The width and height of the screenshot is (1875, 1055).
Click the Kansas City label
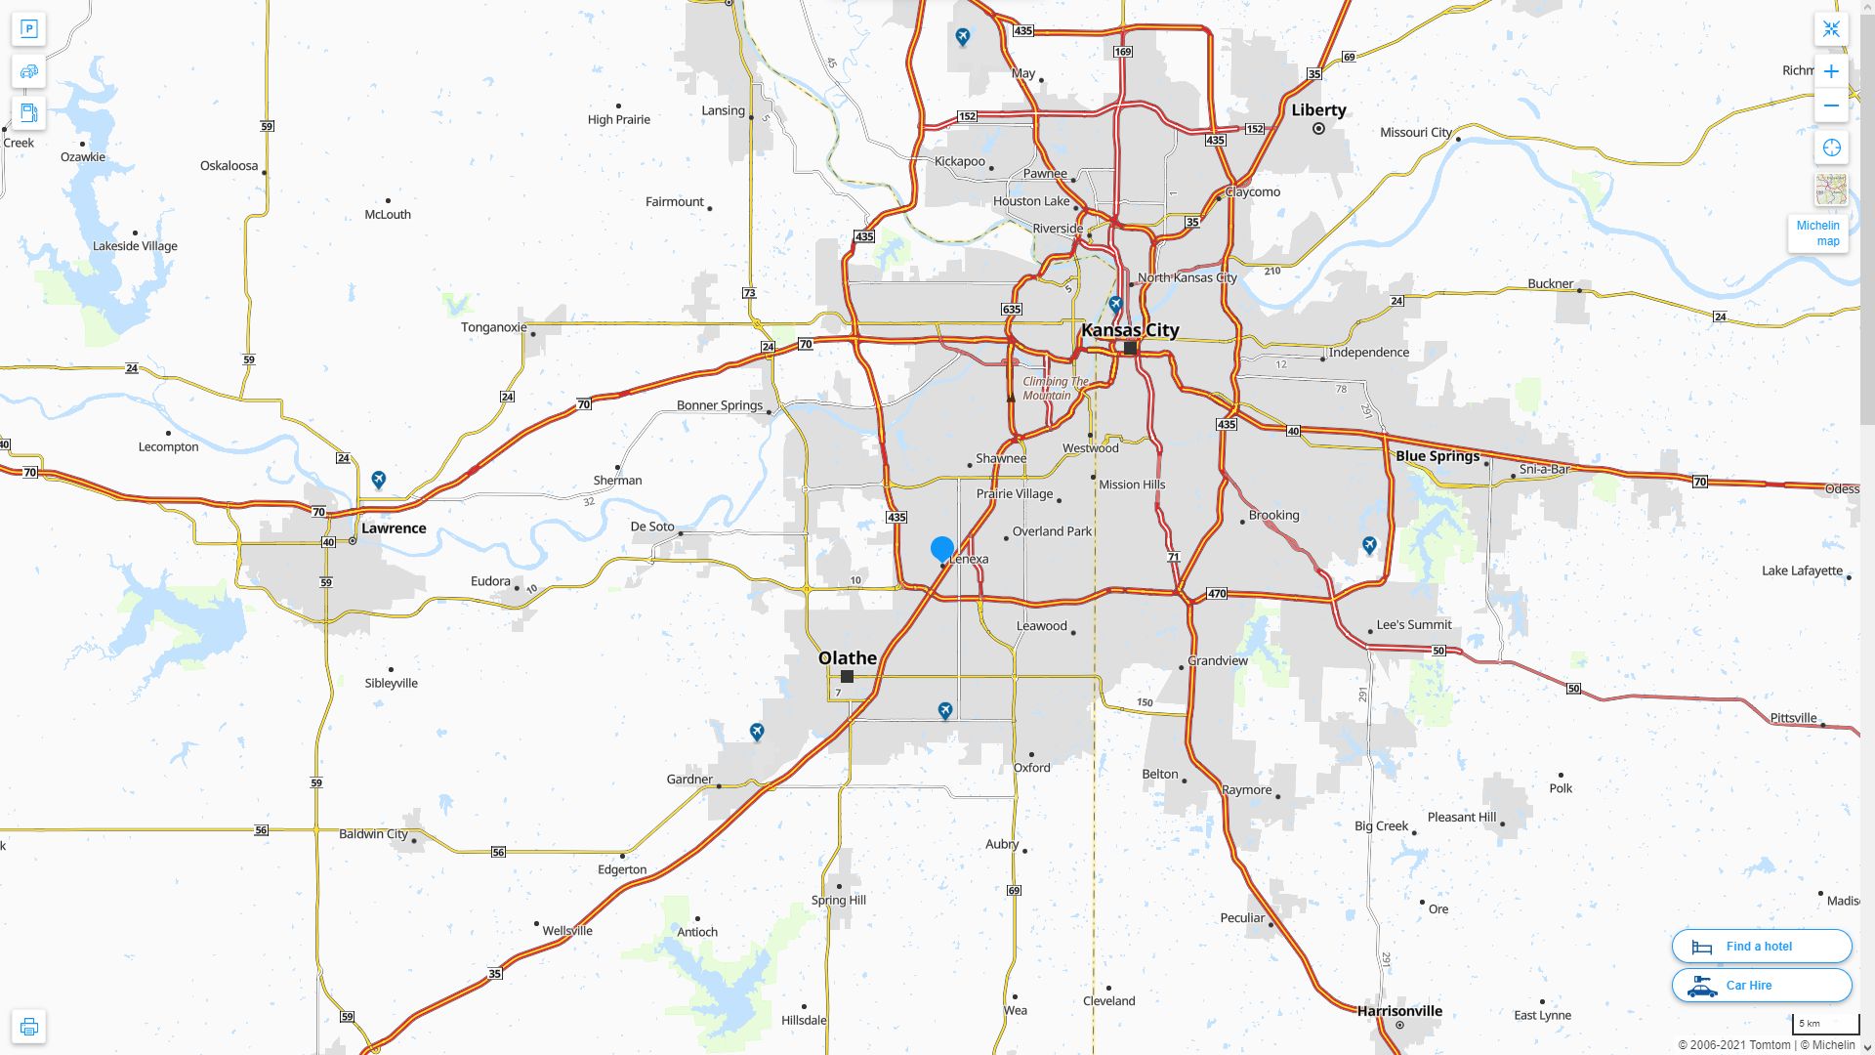(1130, 330)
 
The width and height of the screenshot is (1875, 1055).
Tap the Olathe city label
(847, 657)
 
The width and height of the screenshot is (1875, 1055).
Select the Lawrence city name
(394, 528)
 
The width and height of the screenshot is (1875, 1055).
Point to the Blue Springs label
(1437, 456)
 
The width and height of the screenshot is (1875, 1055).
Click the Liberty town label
(1318, 110)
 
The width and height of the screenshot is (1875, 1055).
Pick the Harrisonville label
(1399, 1011)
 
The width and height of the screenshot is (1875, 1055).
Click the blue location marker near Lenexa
(942, 549)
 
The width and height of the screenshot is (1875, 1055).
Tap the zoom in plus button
(1831, 71)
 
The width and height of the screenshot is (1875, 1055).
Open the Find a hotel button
(1761, 947)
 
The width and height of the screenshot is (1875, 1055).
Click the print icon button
(28, 1027)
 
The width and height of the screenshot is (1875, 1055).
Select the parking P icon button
(28, 29)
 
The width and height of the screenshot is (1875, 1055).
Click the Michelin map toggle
(1817, 232)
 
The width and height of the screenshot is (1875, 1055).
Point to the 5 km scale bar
(1825, 1025)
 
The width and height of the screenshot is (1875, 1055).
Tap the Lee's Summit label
(1414, 625)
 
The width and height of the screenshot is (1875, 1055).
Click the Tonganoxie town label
(493, 327)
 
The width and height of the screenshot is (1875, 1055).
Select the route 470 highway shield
(1217, 594)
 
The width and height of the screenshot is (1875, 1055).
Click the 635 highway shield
(1011, 310)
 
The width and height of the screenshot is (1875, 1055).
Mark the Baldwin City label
(373, 834)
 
